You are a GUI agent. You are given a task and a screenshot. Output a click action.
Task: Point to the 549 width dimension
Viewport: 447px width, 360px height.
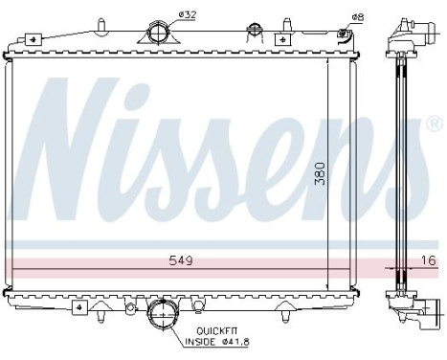click(x=179, y=259)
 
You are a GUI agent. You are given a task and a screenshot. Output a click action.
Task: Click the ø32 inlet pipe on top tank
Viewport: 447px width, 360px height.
click(x=160, y=34)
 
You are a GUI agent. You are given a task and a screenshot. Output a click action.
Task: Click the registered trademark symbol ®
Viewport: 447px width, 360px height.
click(x=435, y=124)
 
